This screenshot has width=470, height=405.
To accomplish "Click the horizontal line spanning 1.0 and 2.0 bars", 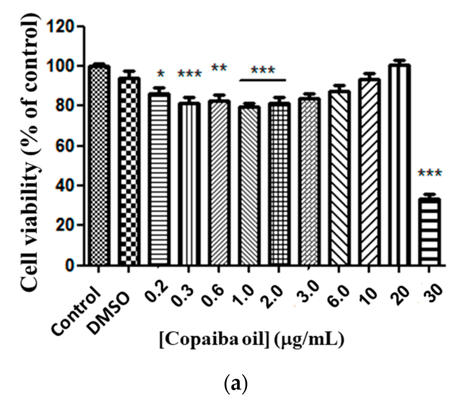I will pos(262,80).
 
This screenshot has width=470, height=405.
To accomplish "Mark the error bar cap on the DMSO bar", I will pos(129,71).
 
